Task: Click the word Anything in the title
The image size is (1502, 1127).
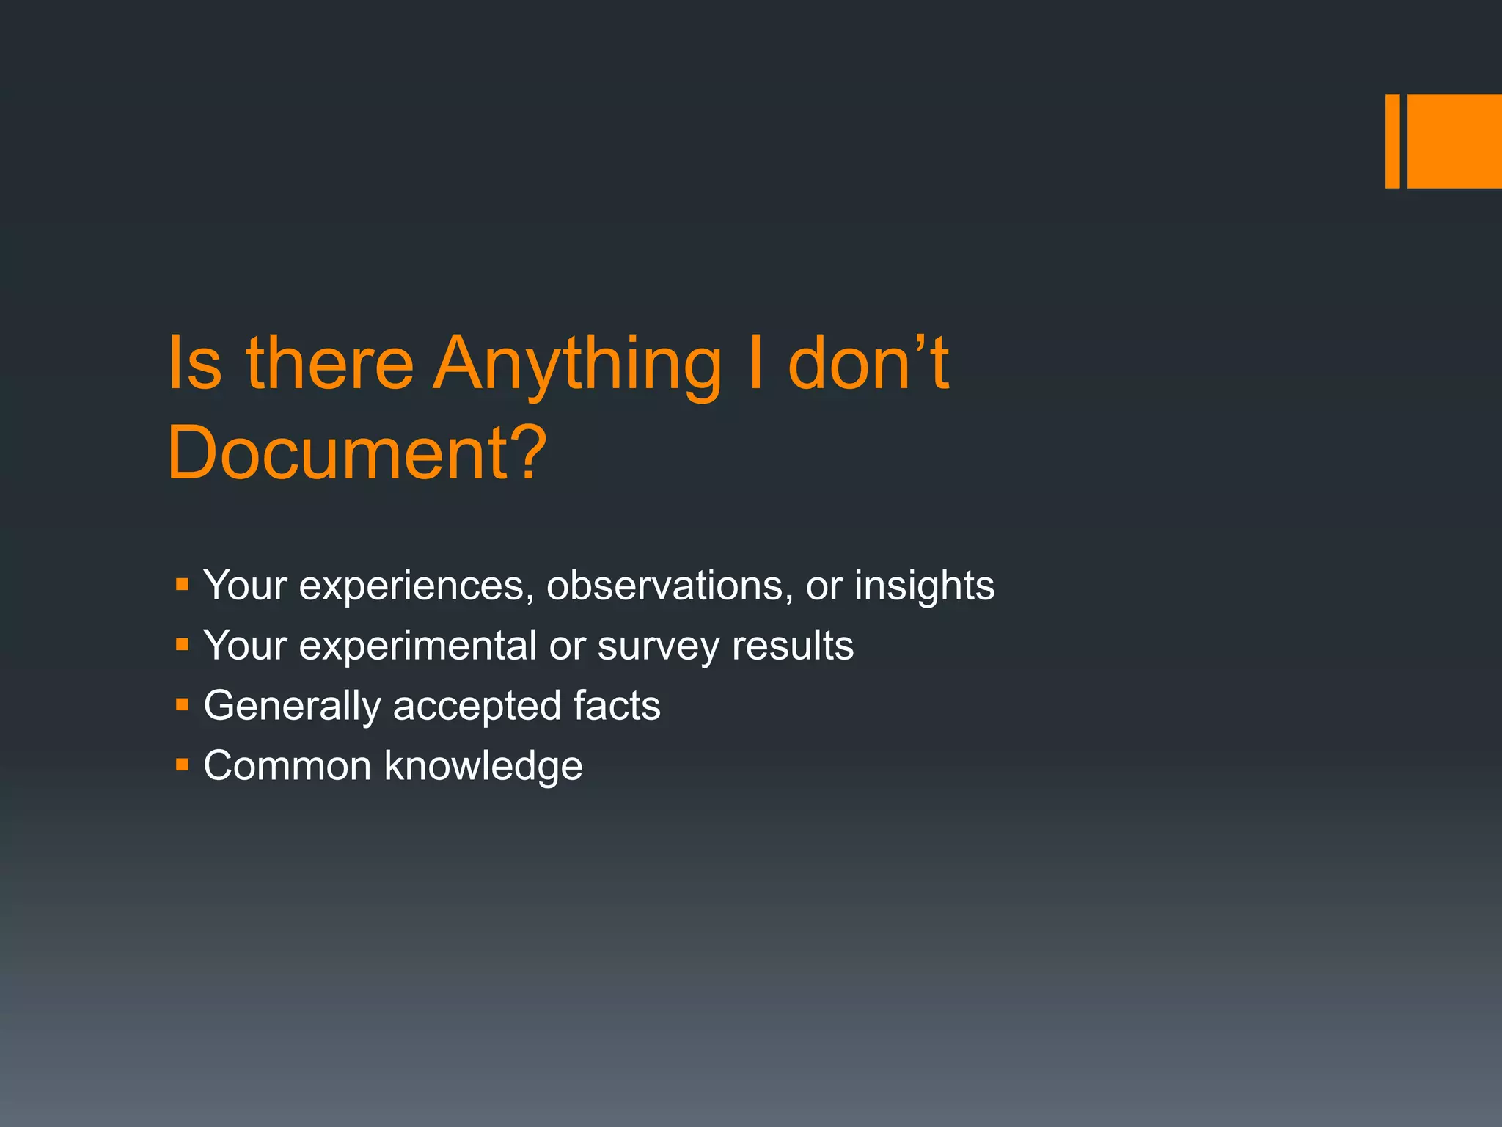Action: [x=577, y=365]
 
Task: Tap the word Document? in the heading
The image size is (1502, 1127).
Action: [x=357, y=453]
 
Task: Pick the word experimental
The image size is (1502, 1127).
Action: [x=418, y=646]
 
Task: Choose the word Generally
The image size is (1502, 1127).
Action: [x=292, y=707]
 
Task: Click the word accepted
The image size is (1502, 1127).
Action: [x=477, y=707]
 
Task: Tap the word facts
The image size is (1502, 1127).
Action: [x=617, y=705]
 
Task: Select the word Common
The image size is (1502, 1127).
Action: [x=287, y=766]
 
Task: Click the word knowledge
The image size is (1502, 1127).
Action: [x=483, y=767]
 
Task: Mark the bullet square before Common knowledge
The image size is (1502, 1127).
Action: [x=183, y=765]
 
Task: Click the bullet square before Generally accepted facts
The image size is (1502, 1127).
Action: [x=183, y=705]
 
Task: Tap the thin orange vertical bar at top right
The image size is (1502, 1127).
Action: [x=1392, y=141]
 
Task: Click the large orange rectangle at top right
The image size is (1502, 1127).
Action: [x=1454, y=141]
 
